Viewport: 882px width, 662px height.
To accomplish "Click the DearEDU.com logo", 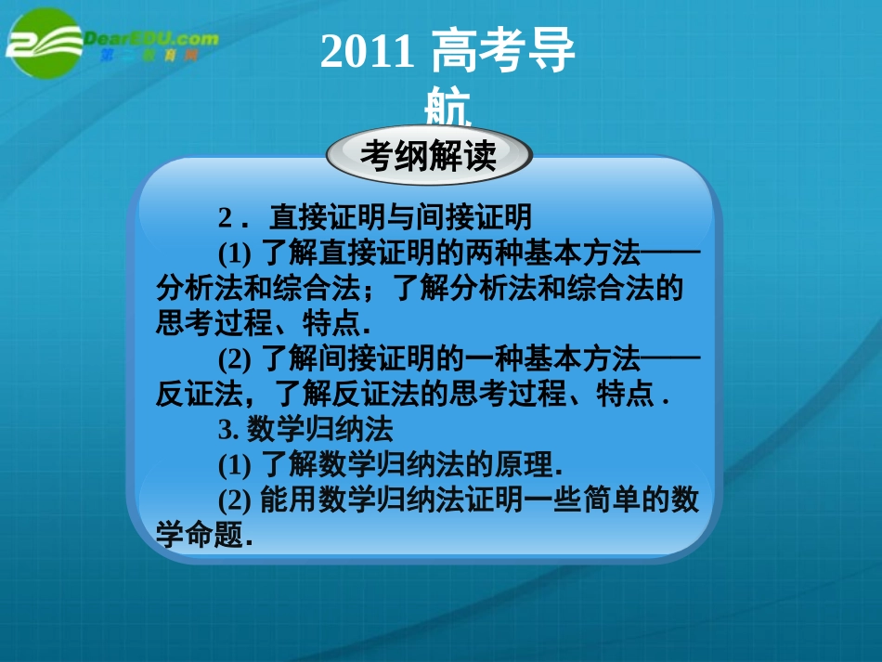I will click(111, 42).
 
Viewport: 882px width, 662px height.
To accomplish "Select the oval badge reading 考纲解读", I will click(429, 155).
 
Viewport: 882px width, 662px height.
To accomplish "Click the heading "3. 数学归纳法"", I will click(305, 429).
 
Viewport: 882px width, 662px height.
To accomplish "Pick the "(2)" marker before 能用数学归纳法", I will click(236, 500).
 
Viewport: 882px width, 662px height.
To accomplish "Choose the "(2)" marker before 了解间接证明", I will click(236, 358).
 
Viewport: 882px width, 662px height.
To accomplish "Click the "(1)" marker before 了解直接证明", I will click(236, 253).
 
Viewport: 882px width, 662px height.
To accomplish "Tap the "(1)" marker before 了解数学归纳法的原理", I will click(236, 464).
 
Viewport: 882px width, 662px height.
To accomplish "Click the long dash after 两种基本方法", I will click(670, 253).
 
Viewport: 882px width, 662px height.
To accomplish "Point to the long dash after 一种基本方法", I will click(670, 358).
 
